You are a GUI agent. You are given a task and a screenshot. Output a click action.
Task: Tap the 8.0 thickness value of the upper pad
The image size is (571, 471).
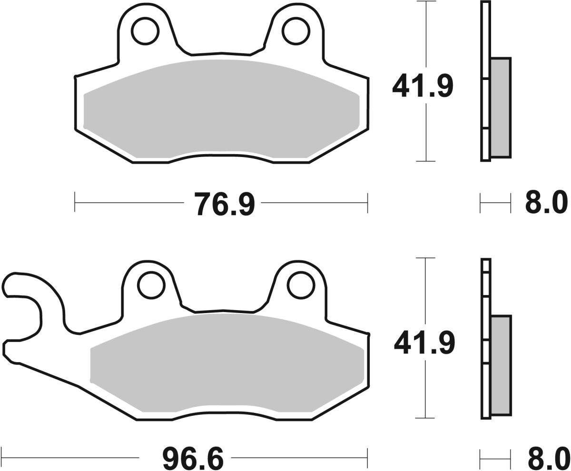[546, 203]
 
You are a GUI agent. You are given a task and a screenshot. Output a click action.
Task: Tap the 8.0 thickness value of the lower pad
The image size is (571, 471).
[547, 460]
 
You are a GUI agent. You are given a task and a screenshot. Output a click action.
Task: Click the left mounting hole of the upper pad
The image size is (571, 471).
[145, 32]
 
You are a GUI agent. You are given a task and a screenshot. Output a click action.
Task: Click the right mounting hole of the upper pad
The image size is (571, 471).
[295, 32]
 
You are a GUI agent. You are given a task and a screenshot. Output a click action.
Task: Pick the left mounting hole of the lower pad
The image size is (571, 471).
[150, 286]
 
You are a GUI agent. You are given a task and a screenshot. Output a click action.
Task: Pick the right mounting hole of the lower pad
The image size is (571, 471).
[301, 286]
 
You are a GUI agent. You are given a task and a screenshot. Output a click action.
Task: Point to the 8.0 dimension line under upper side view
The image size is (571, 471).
[495, 203]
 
